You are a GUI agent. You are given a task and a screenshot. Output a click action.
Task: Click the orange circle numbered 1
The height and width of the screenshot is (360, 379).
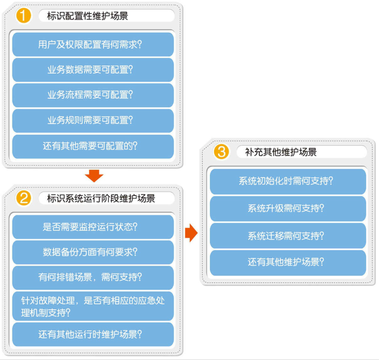(x=23, y=15)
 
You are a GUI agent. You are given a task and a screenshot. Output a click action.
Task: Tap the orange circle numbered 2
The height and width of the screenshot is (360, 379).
(x=23, y=198)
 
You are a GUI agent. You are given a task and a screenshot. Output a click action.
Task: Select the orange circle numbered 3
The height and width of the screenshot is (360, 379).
(x=221, y=151)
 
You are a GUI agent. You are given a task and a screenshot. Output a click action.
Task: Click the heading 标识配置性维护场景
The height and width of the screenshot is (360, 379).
(x=87, y=16)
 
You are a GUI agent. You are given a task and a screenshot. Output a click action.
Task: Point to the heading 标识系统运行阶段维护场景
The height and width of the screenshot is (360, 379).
(x=101, y=198)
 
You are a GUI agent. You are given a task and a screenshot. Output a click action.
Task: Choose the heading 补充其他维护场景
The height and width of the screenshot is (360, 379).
(x=281, y=152)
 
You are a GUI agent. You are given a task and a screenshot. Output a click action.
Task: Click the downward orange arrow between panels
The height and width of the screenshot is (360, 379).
(x=94, y=176)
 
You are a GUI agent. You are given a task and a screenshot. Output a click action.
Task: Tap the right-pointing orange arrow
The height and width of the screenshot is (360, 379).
(x=191, y=233)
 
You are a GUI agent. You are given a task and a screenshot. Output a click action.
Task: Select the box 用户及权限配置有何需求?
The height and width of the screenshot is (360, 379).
(x=93, y=44)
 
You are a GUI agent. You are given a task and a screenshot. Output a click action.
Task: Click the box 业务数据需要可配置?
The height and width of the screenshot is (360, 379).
(x=93, y=70)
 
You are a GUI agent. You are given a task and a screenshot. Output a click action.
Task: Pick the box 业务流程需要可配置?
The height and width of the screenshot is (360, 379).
(x=93, y=95)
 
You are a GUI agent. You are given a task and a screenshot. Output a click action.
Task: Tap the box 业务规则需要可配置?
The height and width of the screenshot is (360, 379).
(x=93, y=121)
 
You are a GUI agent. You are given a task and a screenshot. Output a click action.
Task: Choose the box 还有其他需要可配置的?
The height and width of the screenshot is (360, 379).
(x=93, y=147)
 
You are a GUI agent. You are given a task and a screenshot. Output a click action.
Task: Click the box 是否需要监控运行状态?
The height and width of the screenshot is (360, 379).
(x=93, y=227)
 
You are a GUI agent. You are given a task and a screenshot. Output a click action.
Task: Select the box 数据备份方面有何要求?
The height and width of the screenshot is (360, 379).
(x=93, y=252)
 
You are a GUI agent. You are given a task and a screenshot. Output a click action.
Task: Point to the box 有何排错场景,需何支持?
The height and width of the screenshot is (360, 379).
(x=93, y=278)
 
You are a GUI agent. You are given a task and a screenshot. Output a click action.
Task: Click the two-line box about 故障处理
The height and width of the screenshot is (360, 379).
(x=93, y=306)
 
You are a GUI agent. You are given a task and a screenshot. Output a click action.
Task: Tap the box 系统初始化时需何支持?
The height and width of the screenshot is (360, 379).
(x=288, y=182)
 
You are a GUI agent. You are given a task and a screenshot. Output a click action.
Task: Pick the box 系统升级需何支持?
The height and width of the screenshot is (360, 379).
(x=288, y=209)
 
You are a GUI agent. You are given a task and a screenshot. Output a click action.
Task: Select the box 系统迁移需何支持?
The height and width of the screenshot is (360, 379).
(x=288, y=236)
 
